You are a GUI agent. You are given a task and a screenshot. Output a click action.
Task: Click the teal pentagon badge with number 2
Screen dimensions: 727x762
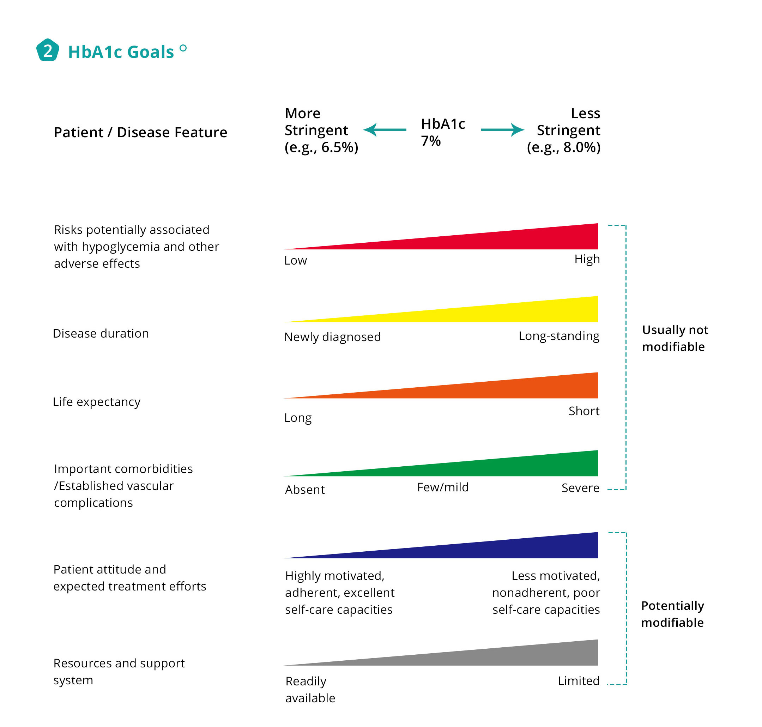[x=47, y=50]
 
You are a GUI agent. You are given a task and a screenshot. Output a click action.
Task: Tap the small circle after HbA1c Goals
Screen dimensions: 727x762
[x=183, y=48]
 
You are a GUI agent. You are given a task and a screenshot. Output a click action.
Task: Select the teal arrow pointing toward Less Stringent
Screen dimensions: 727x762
[x=502, y=130]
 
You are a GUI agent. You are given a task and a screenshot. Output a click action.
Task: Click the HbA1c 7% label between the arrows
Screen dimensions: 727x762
[x=443, y=132]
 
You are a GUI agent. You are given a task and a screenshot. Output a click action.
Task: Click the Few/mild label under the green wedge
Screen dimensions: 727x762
[x=443, y=487]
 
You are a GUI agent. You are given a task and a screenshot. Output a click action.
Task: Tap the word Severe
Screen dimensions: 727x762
[x=580, y=488]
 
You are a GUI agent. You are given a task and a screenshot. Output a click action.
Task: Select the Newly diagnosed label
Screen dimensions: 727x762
[x=332, y=337]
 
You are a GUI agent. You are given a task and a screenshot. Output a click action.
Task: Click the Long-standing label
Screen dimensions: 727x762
[x=559, y=335]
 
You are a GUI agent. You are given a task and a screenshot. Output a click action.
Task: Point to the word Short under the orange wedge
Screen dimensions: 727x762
[x=584, y=411]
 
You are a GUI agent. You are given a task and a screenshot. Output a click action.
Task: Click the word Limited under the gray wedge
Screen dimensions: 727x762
[x=578, y=681]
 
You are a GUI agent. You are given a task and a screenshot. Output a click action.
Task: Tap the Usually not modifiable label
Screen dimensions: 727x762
[x=675, y=338]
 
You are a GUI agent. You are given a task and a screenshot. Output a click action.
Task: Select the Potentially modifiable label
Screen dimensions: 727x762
[x=672, y=614]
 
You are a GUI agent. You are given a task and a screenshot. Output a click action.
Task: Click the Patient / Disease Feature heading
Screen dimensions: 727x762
[x=140, y=133]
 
